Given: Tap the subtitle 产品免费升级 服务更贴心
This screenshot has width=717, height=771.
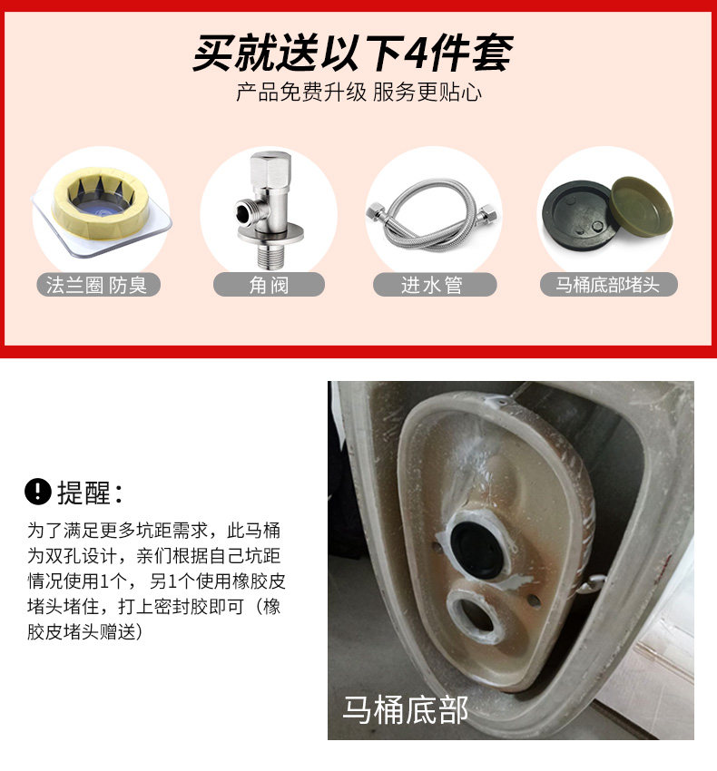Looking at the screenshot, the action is click(x=358, y=93).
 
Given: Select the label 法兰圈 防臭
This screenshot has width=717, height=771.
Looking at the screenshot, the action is click(x=98, y=285).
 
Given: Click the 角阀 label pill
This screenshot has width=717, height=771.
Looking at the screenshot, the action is click(x=269, y=285).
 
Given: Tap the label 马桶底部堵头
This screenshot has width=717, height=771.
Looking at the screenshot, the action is click(x=608, y=285).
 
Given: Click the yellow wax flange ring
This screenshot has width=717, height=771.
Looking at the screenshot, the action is click(x=101, y=203).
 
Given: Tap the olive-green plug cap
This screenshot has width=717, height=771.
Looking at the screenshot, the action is click(x=641, y=207).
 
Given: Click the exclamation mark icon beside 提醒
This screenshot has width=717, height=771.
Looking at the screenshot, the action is click(x=38, y=492).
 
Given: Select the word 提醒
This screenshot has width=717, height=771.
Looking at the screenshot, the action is click(x=83, y=493).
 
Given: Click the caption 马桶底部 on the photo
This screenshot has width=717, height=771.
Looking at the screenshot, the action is click(x=405, y=709).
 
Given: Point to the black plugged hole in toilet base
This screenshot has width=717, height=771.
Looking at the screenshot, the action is click(x=476, y=550).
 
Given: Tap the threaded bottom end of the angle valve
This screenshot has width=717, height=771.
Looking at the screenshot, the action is click(x=270, y=258).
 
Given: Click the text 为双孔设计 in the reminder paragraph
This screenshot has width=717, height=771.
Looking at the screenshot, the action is click(x=73, y=556).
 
